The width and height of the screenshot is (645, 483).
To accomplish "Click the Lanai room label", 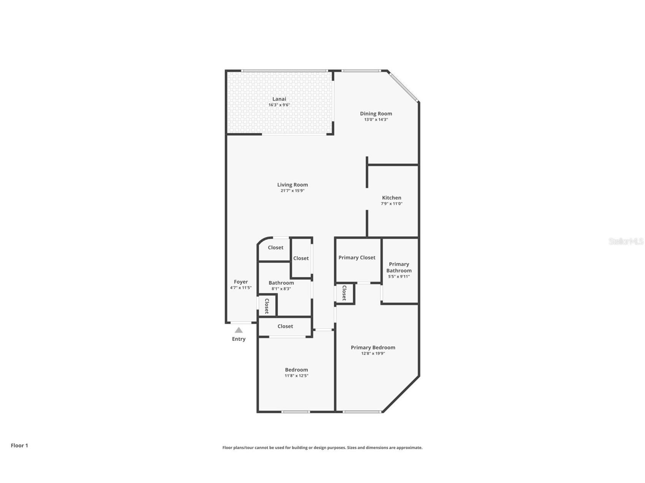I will coord(279,99).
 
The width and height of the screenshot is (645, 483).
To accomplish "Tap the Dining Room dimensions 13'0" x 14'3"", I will coord(376,120).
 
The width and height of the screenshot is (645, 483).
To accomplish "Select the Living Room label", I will coord(292,185).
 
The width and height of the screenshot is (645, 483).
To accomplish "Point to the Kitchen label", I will coord(391,198).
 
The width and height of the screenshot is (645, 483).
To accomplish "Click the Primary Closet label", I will coord(357,257).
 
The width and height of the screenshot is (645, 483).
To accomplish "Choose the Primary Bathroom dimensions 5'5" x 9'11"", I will coord(399,276).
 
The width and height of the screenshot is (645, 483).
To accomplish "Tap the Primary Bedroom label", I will coord(373,347).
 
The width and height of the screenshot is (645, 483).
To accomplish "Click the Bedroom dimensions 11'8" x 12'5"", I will coord(296,376).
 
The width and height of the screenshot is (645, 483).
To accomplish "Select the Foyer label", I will coord(241,282).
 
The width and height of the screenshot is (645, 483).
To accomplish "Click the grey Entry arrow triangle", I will coord(239,330).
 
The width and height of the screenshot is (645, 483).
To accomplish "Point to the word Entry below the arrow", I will coord(239,339).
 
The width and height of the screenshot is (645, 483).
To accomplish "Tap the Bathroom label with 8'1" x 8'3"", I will coord(281,283).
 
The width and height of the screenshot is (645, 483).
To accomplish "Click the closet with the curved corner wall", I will coord(275,248).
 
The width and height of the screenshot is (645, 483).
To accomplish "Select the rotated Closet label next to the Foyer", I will coord(267,306).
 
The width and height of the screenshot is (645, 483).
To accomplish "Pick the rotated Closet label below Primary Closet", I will coord(344,293).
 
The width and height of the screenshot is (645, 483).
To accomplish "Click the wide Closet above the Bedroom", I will coord(285,326).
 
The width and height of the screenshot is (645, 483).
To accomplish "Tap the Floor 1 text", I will coord(19,445).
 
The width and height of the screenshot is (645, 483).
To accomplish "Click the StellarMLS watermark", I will coord(626,241).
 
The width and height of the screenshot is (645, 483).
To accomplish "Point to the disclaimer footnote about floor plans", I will coord(322,448).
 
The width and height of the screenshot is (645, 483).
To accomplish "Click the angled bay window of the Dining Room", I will coord(403,87).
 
